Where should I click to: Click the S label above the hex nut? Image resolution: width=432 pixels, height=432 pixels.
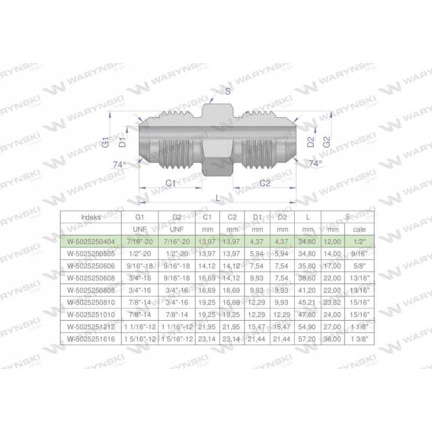[x=227, y=91]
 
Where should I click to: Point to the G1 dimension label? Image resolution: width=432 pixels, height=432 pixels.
[x=106, y=142]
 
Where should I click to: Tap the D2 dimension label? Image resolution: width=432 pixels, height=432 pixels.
[x=310, y=142]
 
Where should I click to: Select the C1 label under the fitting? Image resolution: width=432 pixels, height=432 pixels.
[x=171, y=183]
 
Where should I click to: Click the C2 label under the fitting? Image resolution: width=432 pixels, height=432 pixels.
[x=265, y=183]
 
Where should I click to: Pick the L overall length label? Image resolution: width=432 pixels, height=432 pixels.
[x=218, y=198]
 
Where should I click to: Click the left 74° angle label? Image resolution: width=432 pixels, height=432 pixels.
[x=119, y=165]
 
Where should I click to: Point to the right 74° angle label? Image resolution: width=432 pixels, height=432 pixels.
[x=315, y=164]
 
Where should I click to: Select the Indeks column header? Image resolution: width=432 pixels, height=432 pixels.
[x=91, y=217]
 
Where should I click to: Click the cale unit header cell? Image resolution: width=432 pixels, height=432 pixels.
[x=359, y=229]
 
